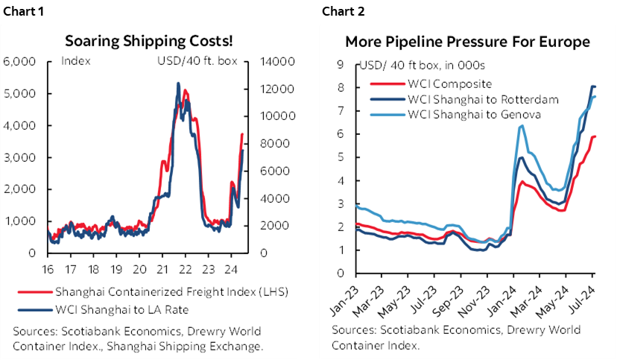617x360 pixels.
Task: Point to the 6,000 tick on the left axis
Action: click(20, 61)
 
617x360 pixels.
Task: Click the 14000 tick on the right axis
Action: click(273, 61)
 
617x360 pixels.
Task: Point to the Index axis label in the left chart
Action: click(75, 61)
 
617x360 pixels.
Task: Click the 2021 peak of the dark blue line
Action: click(177, 83)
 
